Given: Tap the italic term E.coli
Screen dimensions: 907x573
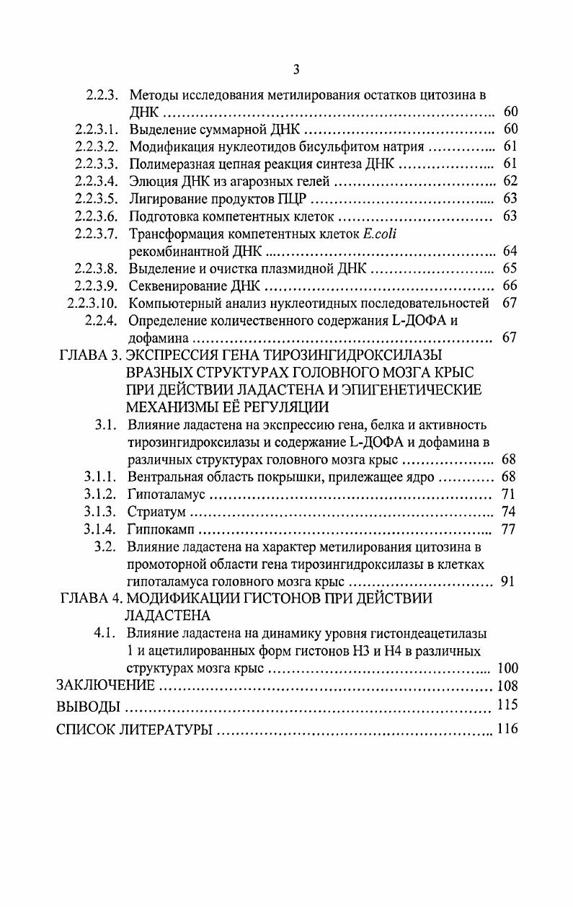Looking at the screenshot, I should pyautogui.click(x=382, y=234).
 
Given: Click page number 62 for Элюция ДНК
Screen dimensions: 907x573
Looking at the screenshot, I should pyautogui.click(x=510, y=182).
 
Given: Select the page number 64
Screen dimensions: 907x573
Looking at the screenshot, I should pyautogui.click(x=510, y=252).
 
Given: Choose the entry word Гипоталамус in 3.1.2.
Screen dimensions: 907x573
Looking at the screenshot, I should pyautogui.click(x=166, y=495).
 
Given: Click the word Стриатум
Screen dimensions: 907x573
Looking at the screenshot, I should pyautogui.click(x=156, y=512).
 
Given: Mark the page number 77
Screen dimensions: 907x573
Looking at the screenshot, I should pyautogui.click(x=508, y=530).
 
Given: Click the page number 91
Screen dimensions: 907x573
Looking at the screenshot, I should pyautogui.click(x=507, y=582).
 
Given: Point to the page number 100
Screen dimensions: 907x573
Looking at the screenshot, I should pyautogui.click(x=507, y=668).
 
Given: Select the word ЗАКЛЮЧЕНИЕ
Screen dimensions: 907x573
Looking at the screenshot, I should pyautogui.click(x=105, y=686).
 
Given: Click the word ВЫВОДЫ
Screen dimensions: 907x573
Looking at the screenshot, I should pyautogui.click(x=84, y=706).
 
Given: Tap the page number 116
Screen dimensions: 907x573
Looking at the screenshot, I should pyautogui.click(x=507, y=729).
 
